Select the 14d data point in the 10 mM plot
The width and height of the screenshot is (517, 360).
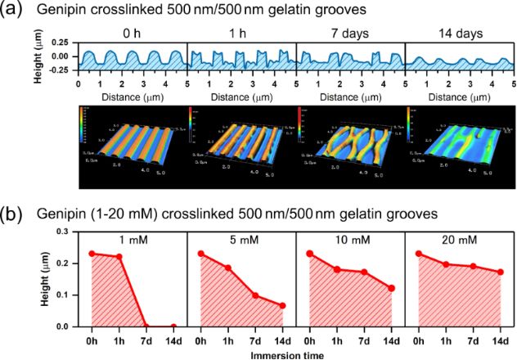pos(392,288)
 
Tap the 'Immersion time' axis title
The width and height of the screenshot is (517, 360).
pos(295,354)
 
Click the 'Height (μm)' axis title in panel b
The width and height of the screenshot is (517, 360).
pos(47,279)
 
